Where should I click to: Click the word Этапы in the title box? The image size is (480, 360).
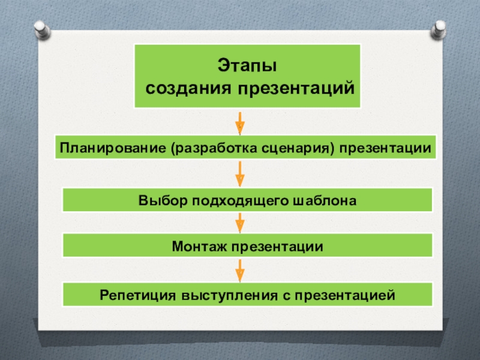pyautogui.click(x=247, y=65)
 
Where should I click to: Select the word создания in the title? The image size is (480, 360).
pyautogui.click(x=188, y=88)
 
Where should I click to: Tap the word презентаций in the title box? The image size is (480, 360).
pyautogui.click(x=296, y=88)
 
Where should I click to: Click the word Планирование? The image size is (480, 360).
pyautogui.click(x=113, y=148)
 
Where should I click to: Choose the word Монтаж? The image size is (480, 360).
pyautogui.click(x=199, y=246)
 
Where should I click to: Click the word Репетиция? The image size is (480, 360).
pyautogui.click(x=138, y=295)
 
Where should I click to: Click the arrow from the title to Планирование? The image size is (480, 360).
pyautogui.click(x=240, y=124)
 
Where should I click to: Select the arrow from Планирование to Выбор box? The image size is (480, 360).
pyautogui.click(x=240, y=174)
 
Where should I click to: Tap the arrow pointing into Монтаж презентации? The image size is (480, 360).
pyautogui.click(x=240, y=223)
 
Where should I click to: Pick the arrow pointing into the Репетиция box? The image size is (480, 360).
pyautogui.click(x=240, y=271)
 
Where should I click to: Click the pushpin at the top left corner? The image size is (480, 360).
pyautogui.click(x=42, y=29)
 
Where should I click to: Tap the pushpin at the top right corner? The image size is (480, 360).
pyautogui.click(x=438, y=29)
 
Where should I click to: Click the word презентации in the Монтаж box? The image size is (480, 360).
pyautogui.click(x=277, y=247)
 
